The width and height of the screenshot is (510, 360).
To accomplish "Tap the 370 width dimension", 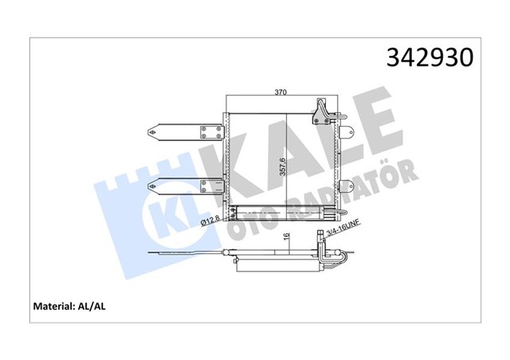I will click(281, 93).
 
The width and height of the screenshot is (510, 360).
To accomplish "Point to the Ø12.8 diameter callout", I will click(210, 217).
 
